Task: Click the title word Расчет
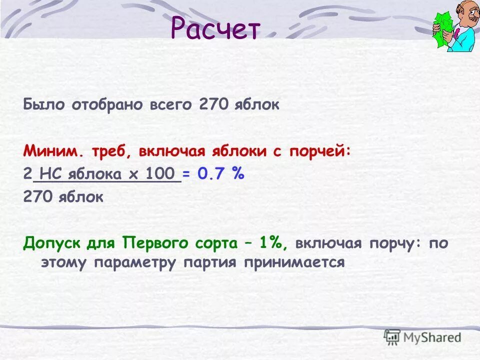coord(215,29)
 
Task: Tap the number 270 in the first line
coord(213,105)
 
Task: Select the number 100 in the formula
coord(162,174)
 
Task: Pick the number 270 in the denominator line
coord(38,196)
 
